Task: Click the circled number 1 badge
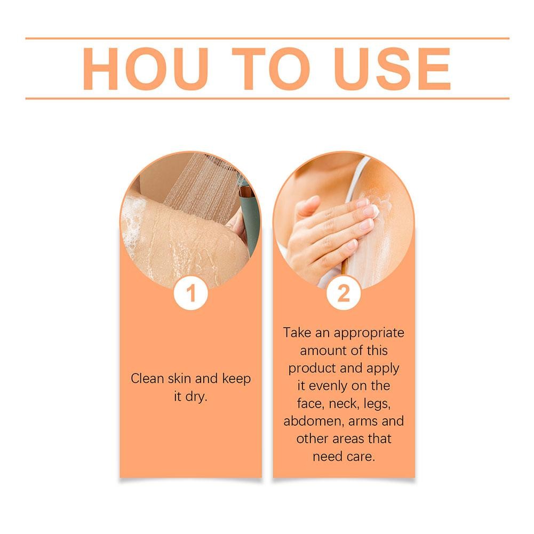point(191,293)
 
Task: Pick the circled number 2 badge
point(344,293)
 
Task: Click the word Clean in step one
point(147,378)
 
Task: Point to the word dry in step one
point(196,397)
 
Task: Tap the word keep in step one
point(236,379)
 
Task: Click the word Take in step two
point(297,332)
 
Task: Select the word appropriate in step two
point(369,333)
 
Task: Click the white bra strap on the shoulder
point(356,180)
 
